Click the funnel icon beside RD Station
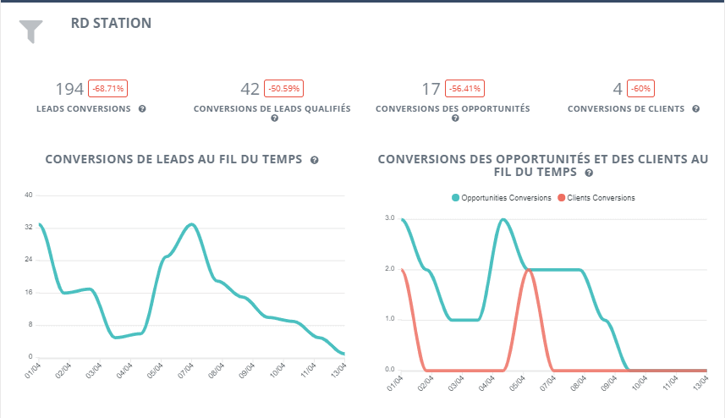[x=30, y=30]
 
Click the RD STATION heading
[x=111, y=23]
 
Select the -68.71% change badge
[x=107, y=88]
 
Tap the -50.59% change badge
[x=283, y=88]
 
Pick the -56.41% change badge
[x=464, y=88]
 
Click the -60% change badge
[x=641, y=88]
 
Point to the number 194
[x=69, y=89]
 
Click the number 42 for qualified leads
[x=250, y=89]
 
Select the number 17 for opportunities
[x=431, y=89]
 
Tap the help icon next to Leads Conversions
[x=142, y=109]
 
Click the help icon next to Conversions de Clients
[x=695, y=109]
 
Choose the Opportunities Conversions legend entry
[x=501, y=198]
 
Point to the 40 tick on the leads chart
[x=28, y=195]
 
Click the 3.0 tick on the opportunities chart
[x=390, y=218]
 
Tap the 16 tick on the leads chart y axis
[x=28, y=293]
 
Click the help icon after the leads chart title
[x=314, y=160]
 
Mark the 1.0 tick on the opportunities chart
[x=390, y=319]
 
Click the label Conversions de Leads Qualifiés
[x=272, y=109]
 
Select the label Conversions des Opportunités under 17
[x=453, y=109]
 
